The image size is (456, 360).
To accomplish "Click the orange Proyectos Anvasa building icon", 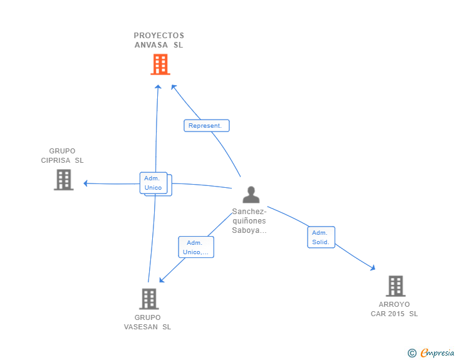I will [x=160, y=64].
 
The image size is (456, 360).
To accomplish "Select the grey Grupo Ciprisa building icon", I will [x=63, y=180].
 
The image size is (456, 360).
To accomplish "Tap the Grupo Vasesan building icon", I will [x=148, y=299].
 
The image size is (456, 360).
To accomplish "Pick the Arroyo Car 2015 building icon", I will [x=395, y=286].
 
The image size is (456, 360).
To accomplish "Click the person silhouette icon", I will [x=251, y=195].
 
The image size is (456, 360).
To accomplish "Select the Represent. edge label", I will [x=206, y=126].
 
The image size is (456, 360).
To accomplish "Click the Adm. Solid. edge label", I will [x=321, y=237].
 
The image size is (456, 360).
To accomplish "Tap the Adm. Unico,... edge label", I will [x=196, y=247].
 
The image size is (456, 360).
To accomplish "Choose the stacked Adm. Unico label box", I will [x=153, y=183].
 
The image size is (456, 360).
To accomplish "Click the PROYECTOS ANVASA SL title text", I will [x=159, y=40].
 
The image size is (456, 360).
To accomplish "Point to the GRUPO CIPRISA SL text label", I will [x=62, y=155].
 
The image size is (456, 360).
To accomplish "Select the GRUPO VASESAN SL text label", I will [x=147, y=322].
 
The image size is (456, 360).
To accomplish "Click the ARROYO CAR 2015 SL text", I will [x=394, y=309].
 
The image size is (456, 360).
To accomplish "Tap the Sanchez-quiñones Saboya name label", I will [x=249, y=221].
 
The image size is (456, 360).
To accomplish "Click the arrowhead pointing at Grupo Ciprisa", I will [x=86, y=183].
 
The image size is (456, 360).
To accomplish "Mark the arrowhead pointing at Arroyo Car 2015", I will [x=373, y=267].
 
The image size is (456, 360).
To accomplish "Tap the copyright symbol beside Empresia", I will [x=412, y=353].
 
